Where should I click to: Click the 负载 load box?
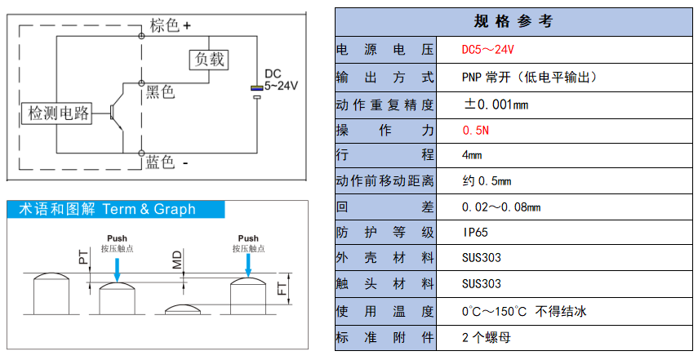click(208, 60)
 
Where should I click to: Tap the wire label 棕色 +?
click(169, 25)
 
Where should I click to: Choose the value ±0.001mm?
click(496, 104)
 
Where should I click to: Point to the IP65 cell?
click(475, 232)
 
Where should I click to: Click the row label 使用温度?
click(385, 311)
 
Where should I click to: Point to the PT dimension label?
click(83, 260)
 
